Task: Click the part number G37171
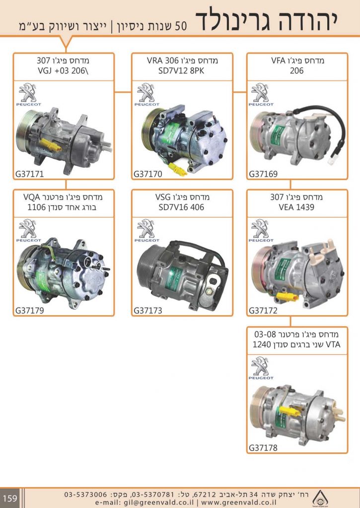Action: tap(30, 174)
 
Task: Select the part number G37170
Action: tap(148, 174)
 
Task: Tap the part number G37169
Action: tap(263, 174)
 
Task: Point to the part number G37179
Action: tap(30, 311)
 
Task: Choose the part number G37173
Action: tap(148, 311)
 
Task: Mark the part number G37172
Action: tap(263, 311)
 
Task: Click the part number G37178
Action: tap(263, 448)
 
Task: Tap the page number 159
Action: tap(10, 498)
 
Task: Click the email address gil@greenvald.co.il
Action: tap(151, 502)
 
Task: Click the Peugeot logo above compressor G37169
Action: tap(261, 95)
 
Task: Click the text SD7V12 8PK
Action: tap(182, 70)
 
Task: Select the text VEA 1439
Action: tap(297, 207)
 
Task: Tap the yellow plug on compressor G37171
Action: tap(50, 145)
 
